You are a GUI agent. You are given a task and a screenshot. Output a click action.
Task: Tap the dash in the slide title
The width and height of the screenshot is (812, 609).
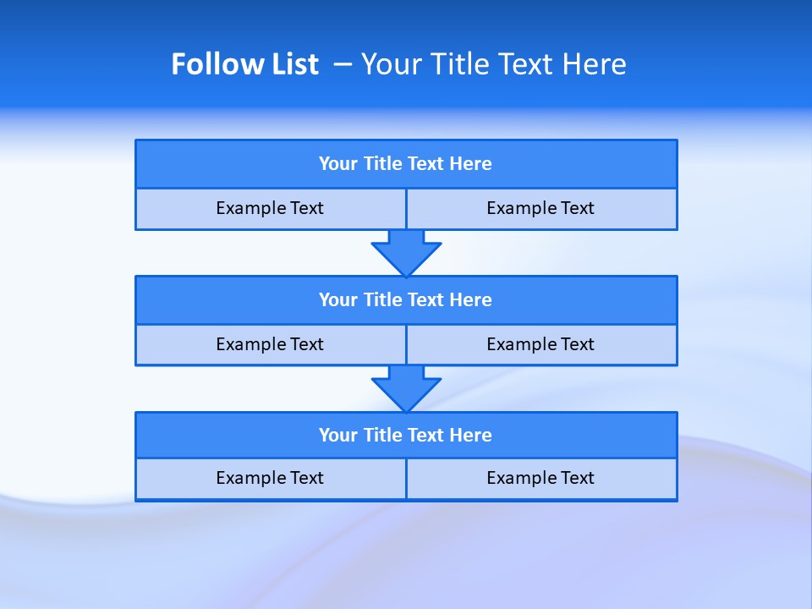coord(343,64)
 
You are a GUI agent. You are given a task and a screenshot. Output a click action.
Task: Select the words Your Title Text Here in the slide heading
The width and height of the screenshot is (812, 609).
coord(494,64)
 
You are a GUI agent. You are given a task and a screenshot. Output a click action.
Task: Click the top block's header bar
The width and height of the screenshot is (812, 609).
coord(406,164)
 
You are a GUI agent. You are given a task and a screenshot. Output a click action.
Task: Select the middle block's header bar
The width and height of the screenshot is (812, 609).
coord(406,300)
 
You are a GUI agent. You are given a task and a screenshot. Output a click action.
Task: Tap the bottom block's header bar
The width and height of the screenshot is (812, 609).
coord(406,436)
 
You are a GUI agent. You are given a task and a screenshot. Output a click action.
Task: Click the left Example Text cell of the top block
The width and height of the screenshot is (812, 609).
coord(270,209)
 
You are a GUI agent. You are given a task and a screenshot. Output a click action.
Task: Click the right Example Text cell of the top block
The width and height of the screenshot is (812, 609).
coord(541,209)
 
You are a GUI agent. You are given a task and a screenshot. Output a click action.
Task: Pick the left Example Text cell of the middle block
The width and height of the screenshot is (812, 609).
coord(270,345)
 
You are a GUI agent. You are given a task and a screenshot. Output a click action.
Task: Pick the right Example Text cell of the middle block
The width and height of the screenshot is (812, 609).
coord(541,345)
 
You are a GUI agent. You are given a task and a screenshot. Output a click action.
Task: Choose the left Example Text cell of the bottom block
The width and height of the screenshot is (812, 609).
coord(270,479)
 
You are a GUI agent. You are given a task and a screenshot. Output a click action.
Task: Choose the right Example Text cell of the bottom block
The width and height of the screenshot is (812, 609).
coord(541,479)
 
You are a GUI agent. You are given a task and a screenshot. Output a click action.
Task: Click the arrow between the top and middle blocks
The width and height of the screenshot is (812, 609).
coord(406,252)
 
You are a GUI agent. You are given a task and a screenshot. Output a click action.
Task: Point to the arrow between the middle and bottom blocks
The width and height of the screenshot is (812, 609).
coord(406,388)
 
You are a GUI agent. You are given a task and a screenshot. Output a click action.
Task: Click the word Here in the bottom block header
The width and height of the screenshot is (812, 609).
coord(471,436)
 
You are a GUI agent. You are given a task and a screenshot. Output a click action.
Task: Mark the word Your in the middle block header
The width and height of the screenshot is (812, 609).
coord(337,300)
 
